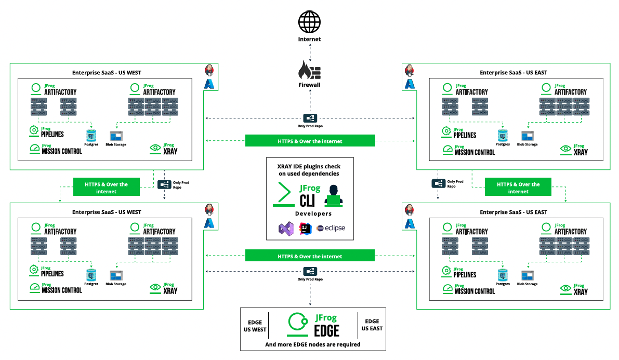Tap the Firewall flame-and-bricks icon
309,70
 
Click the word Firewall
309,85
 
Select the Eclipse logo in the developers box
331,228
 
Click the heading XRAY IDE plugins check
310,166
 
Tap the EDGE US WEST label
255,325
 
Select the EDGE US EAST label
372,325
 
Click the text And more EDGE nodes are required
312,344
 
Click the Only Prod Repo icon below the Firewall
310,118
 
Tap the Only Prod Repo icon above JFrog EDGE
310,271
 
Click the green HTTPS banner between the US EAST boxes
518,188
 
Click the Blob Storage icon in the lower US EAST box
527,276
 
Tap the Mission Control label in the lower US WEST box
62,290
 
